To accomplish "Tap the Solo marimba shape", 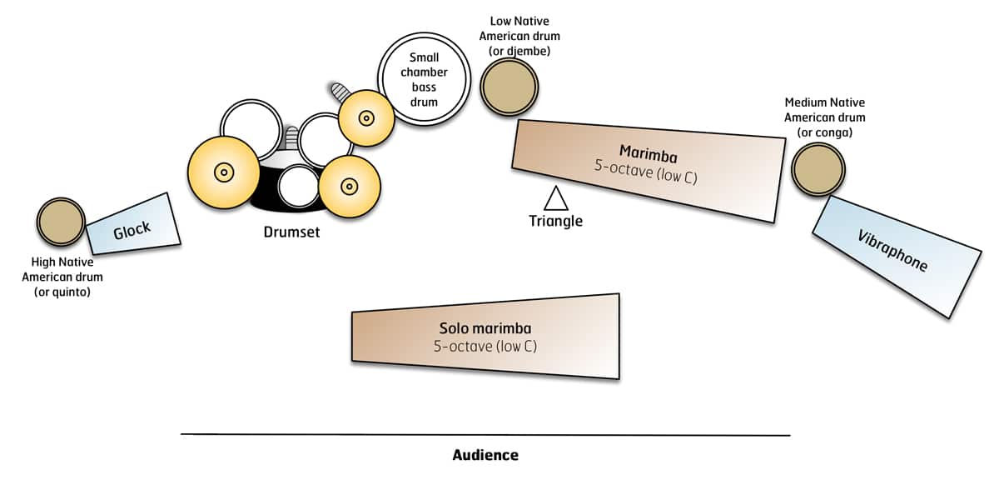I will pyautogui.click(x=486, y=336).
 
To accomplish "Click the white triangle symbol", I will pyautogui.click(x=555, y=199).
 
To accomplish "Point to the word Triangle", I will pyautogui.click(x=555, y=222).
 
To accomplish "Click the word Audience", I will pyautogui.click(x=485, y=455).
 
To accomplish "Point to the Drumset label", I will pyautogui.click(x=291, y=232).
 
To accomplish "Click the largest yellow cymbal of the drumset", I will pyautogui.click(x=223, y=172).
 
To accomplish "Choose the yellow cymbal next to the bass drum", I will pyautogui.click(x=365, y=118).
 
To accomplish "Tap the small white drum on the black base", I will pyautogui.click(x=297, y=186).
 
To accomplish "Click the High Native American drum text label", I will pyautogui.click(x=62, y=277).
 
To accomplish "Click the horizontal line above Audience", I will pyautogui.click(x=485, y=434).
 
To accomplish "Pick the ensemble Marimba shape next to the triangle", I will pyautogui.click(x=649, y=170).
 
